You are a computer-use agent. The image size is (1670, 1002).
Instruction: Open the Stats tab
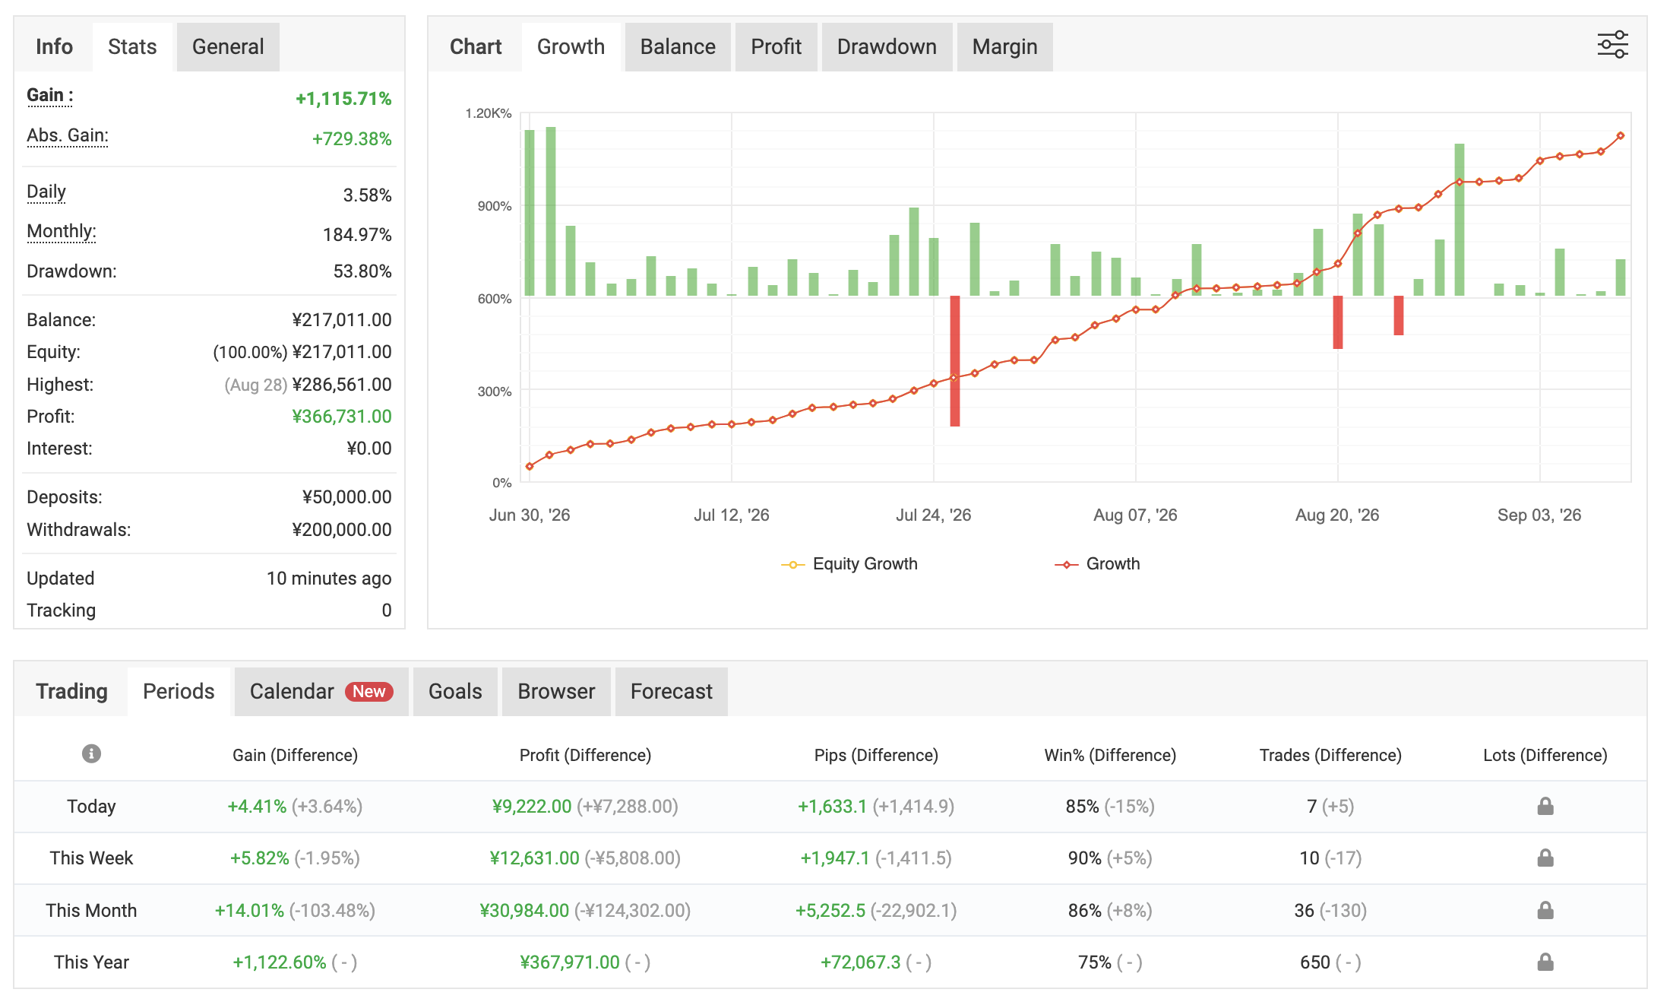132,47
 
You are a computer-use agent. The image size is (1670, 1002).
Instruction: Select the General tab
228,47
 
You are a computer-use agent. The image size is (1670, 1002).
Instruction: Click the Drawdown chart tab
887,47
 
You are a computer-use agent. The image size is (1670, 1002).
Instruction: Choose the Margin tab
1004,47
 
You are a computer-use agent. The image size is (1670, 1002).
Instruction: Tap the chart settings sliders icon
1612,45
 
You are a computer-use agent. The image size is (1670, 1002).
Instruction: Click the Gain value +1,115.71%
343,99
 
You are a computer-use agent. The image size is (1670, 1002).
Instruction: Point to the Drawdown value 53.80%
362,271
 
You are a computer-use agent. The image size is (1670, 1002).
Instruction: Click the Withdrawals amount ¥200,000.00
342,530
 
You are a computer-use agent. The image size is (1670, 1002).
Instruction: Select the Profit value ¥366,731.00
342,417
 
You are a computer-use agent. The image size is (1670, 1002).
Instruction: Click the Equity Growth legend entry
849,564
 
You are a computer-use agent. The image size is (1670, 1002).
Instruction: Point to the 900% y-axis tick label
495,206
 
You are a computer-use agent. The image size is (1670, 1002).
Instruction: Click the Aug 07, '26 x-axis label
1135,515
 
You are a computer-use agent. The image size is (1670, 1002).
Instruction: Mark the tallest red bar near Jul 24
955,361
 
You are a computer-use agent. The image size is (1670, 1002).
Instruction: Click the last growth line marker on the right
1621,136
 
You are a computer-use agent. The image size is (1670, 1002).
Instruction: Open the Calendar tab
321,692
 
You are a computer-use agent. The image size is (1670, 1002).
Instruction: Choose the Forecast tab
672,692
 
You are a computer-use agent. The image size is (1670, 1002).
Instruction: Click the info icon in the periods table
91,753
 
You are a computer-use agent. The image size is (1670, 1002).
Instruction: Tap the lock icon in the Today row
1545,806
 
